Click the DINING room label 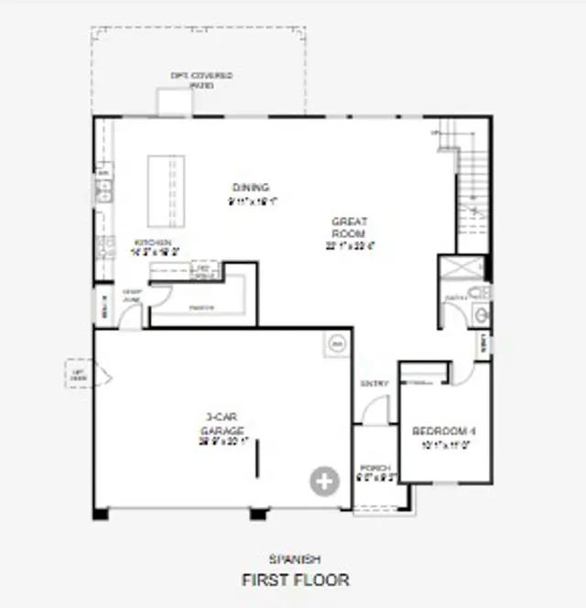[x=251, y=188]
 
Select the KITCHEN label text [x=153, y=243]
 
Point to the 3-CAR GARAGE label [x=222, y=423]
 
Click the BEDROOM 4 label [x=444, y=431]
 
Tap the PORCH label [x=374, y=467]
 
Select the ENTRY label [x=374, y=384]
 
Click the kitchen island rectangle [x=166, y=190]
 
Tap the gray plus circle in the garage [x=323, y=481]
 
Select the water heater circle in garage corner [x=336, y=343]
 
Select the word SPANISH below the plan [x=294, y=559]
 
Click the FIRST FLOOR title [x=295, y=580]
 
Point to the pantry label [x=201, y=308]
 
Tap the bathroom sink [x=482, y=315]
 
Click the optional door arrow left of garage [x=89, y=375]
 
